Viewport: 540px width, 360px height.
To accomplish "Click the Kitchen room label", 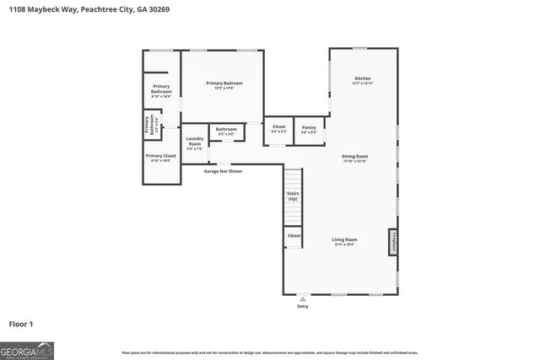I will tap(362, 81).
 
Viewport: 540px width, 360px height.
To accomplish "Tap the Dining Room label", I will tap(355, 158).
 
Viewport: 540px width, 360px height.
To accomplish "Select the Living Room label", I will tap(344, 241).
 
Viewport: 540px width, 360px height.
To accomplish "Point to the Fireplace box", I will tap(392, 241).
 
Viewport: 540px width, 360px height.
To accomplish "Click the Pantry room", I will tap(309, 129).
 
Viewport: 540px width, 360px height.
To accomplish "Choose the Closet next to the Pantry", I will tap(278, 129).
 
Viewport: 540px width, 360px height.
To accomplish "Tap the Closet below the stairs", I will tap(293, 236).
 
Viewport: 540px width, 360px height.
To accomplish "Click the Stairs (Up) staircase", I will tap(293, 196).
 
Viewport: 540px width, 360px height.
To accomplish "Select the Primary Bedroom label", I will tap(224, 84).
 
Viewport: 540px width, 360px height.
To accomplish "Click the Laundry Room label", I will tap(194, 143).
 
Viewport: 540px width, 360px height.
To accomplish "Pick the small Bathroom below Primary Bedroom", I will tap(226, 132).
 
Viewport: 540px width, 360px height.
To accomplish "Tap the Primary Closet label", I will tap(160, 158).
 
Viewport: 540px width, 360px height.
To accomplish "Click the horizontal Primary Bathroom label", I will tap(161, 91).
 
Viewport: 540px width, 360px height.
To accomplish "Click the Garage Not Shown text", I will tap(223, 171).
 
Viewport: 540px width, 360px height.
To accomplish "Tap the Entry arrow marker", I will tap(303, 298).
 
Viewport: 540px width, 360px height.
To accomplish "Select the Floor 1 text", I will tap(20, 324).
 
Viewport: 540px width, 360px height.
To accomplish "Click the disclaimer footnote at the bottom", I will tap(269, 352).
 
